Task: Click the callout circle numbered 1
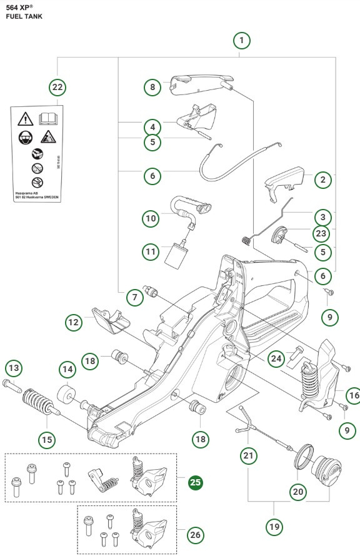[241, 41]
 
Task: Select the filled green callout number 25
[195, 482]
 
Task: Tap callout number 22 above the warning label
[57, 87]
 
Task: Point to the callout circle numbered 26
[195, 535]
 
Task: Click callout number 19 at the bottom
[274, 527]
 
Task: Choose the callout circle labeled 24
[276, 358]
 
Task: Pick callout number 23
[322, 233]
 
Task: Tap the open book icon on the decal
[47, 117]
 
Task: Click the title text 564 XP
[17, 6]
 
